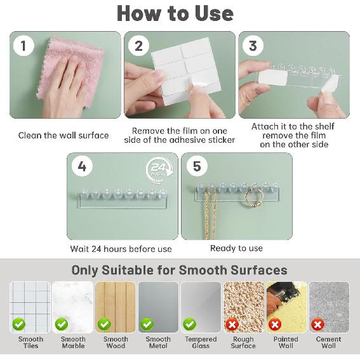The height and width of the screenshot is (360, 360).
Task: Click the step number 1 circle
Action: pos(23,46)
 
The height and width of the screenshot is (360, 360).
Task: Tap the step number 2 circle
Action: pos(138,46)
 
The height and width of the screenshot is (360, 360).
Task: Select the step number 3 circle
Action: pos(253,46)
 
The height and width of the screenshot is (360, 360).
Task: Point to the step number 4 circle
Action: pos(82,166)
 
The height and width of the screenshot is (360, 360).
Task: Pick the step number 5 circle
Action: pos(197,166)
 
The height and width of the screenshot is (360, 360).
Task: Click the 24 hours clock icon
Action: pos(159,170)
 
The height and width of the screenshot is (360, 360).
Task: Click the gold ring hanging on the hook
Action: pos(255,199)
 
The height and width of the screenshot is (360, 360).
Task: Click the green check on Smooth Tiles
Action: pos(19,324)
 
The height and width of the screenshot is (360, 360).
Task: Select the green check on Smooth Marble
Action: pos(62,324)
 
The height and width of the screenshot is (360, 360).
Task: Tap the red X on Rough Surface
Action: pos(232,324)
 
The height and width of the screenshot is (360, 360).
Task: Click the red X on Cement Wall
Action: pos(317,324)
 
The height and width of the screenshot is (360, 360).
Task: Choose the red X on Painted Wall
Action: pos(275,324)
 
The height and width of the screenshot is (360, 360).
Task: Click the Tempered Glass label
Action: pos(201,342)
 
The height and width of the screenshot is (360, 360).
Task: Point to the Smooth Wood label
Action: pos(116,342)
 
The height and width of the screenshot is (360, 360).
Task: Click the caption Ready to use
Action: pos(236,248)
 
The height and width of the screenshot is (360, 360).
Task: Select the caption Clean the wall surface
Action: pos(63,135)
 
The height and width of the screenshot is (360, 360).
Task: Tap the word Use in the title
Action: pos(214,13)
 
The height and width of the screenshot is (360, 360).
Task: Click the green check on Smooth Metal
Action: pos(147,324)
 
